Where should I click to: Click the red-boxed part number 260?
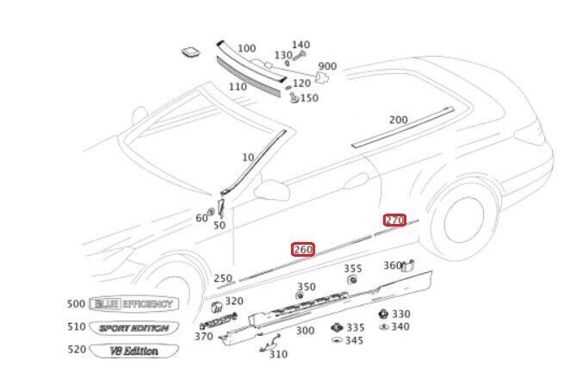[303, 250]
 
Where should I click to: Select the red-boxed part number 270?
[394, 220]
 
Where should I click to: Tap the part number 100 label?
[246, 48]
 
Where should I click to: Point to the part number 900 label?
[327, 66]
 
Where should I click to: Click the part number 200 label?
[398, 120]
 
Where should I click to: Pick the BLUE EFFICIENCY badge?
[133, 304]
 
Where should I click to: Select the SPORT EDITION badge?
[133, 327]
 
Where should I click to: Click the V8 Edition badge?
[133, 350]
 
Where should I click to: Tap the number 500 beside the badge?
[75, 304]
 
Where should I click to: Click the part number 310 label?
[277, 354]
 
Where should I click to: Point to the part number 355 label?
[353, 269]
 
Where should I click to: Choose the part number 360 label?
[392, 265]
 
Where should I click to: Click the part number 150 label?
[308, 98]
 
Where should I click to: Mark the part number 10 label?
[249, 158]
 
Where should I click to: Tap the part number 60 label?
[201, 218]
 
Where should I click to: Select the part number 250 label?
[223, 278]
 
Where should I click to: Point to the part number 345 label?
[354, 340]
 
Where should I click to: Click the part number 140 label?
[300, 45]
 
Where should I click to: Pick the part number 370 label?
[203, 336]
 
